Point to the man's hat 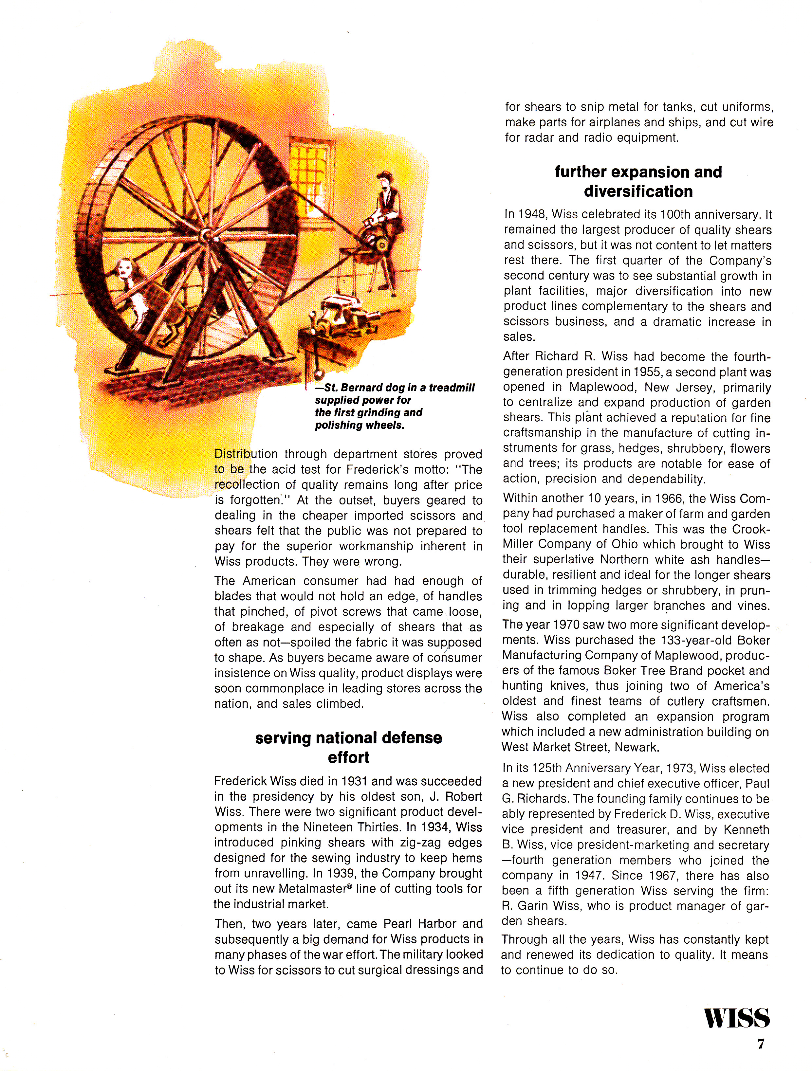[x=385, y=175]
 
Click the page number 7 [x=761, y=1044]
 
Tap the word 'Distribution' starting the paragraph [x=246, y=454]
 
